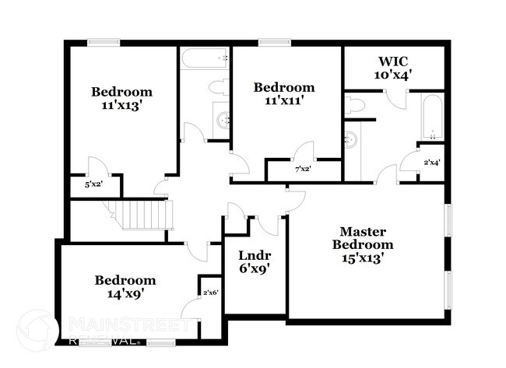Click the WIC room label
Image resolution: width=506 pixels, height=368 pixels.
click(394, 61)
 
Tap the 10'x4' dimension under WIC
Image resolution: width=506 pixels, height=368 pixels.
click(394, 75)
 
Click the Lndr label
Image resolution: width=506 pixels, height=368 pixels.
click(254, 255)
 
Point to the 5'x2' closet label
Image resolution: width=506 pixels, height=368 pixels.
click(92, 185)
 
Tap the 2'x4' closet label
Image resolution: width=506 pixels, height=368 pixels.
click(431, 162)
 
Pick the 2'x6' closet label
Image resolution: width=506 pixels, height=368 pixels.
click(210, 293)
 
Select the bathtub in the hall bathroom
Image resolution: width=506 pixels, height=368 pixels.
click(205, 59)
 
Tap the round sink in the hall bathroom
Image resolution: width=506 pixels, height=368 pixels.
click(222, 121)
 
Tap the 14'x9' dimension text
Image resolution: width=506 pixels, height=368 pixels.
click(125, 294)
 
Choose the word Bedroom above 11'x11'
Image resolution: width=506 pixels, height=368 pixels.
click(284, 88)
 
